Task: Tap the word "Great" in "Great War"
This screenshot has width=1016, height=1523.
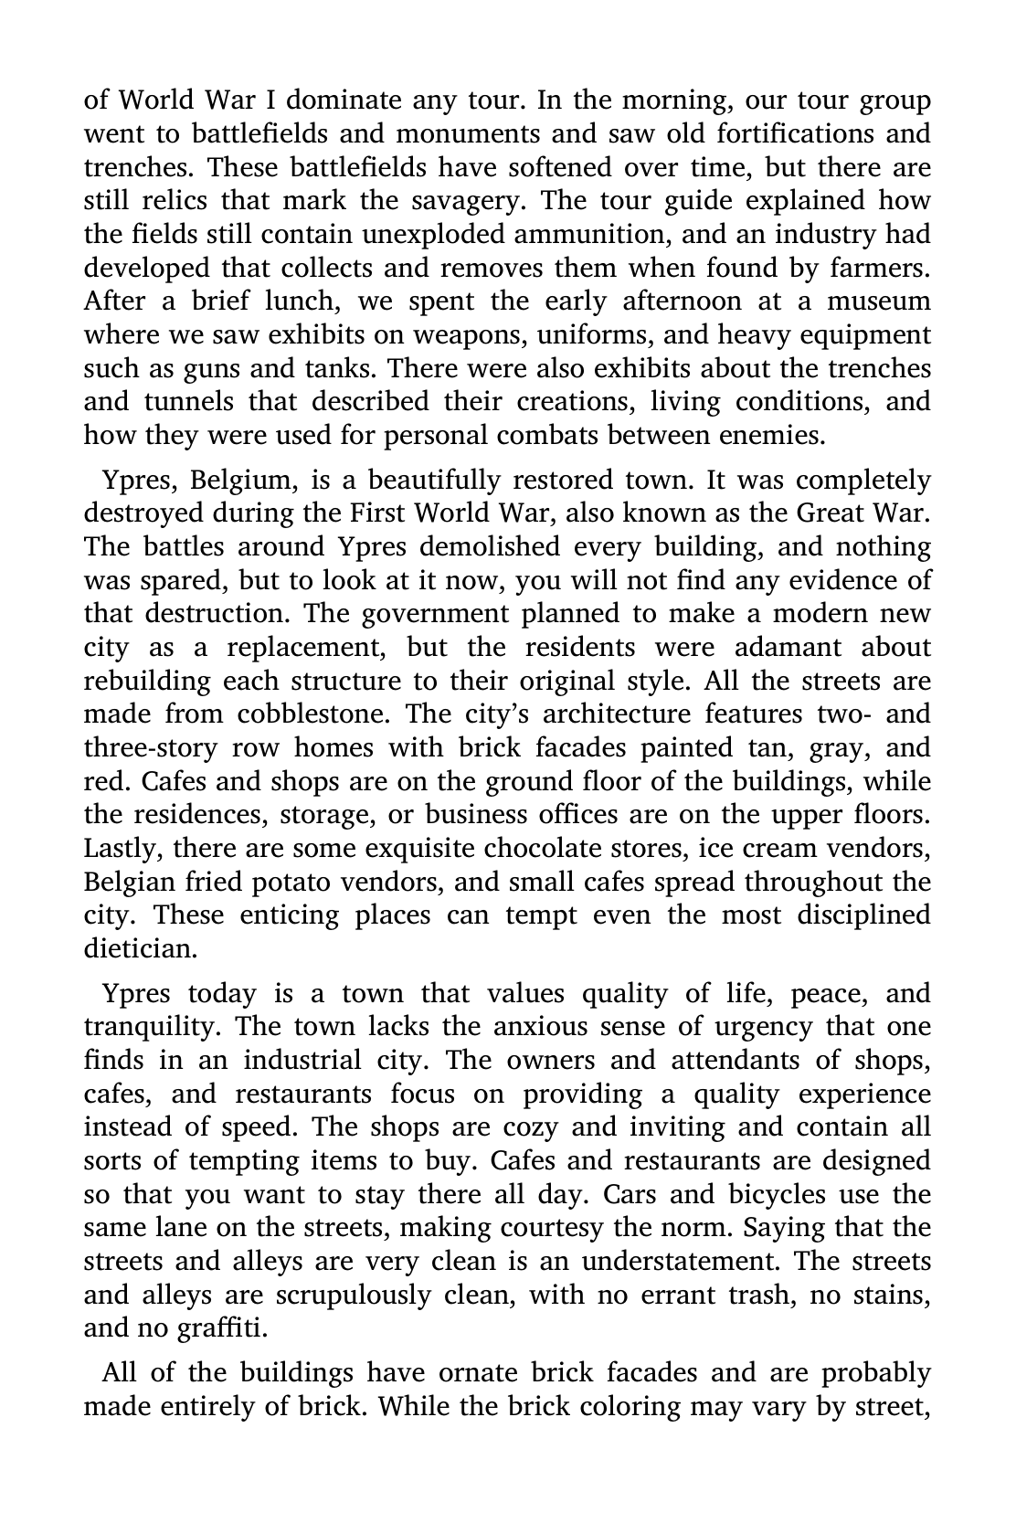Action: click(x=829, y=513)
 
